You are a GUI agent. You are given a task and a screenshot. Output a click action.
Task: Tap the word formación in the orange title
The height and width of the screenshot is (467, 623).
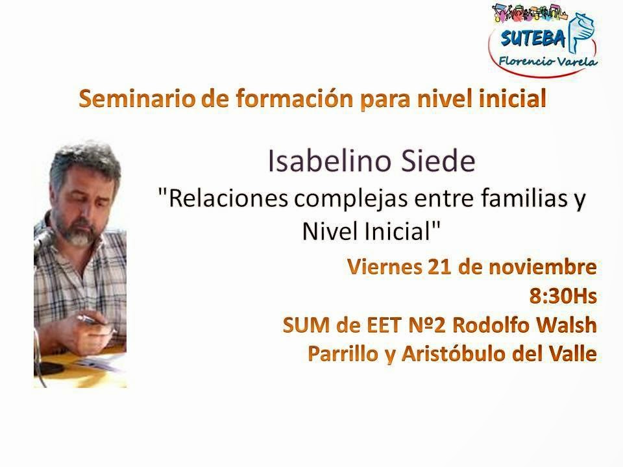[295, 99]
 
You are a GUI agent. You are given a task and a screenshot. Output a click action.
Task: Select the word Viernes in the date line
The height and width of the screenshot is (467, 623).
[384, 267]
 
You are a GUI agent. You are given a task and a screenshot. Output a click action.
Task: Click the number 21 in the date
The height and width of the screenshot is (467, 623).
[439, 267]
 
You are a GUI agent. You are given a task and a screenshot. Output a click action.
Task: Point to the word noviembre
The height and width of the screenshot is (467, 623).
[543, 267]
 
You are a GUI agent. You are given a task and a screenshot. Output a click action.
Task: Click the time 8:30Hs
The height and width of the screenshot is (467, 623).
[563, 296]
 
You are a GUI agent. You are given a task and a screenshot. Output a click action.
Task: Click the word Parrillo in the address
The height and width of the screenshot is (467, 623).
[343, 354]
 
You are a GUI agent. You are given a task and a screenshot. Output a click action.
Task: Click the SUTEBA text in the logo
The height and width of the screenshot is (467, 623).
[533, 38]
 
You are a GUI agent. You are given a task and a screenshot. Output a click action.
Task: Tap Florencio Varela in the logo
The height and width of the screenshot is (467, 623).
[548, 62]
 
